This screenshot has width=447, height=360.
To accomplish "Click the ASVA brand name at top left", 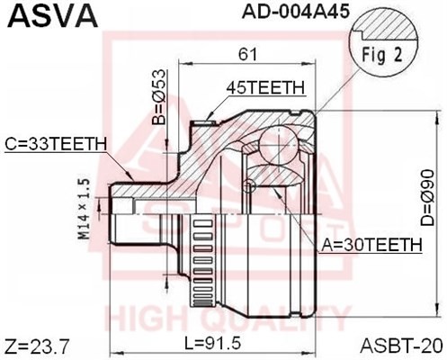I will pos(40,16).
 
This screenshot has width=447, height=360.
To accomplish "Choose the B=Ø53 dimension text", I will pos(156,101).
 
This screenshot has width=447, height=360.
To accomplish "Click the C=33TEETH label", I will pos(56,143).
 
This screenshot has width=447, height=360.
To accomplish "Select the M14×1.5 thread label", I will pos(85,208).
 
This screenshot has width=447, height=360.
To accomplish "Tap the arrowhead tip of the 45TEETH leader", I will pos(210,114).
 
